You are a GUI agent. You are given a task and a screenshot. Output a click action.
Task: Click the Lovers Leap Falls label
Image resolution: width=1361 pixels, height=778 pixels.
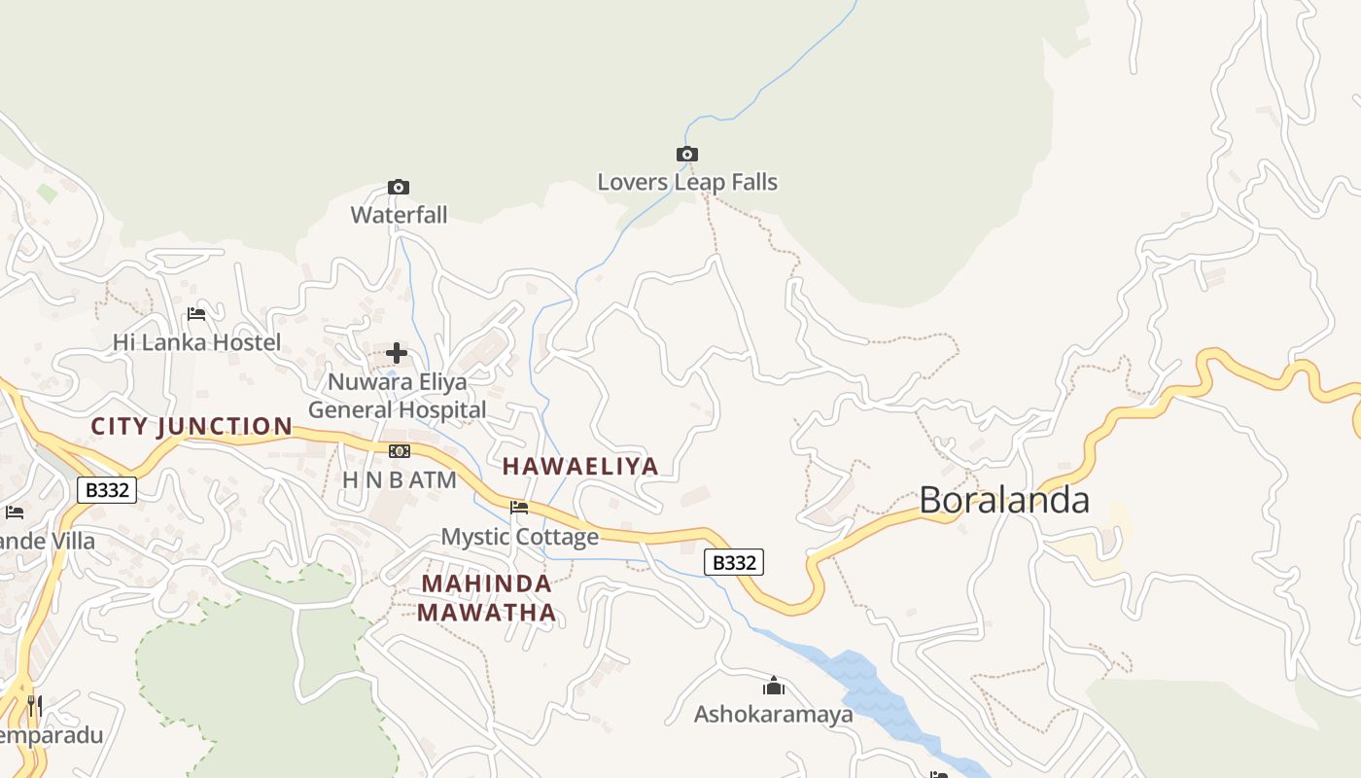click(x=687, y=182)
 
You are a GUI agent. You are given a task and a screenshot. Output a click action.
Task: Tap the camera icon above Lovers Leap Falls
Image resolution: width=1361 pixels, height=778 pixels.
click(x=687, y=155)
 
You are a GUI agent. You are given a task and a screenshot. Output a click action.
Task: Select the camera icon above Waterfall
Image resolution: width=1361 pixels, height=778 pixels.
click(x=399, y=187)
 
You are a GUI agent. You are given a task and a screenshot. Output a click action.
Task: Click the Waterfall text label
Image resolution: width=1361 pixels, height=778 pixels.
click(x=399, y=215)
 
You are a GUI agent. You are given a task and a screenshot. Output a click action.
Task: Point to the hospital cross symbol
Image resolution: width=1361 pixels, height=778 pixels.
click(x=397, y=353)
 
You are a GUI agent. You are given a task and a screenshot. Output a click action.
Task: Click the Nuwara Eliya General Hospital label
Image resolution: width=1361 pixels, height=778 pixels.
click(x=397, y=396)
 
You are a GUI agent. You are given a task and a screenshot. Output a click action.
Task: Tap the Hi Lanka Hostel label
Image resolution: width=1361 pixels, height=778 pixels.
click(x=196, y=342)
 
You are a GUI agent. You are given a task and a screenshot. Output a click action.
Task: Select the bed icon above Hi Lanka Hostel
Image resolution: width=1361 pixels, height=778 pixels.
click(x=196, y=314)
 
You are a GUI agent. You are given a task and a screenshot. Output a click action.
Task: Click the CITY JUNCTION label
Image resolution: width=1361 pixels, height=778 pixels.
click(x=192, y=426)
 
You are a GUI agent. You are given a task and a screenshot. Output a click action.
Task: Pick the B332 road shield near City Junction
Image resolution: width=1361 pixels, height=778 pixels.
click(x=107, y=490)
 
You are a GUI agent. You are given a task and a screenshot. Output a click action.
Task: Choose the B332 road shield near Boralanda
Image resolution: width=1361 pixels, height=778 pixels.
click(x=734, y=562)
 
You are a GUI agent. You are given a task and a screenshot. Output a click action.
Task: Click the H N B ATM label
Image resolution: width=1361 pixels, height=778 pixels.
click(x=400, y=479)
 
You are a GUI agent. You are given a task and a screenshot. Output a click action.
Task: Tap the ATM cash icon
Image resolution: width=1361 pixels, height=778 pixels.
click(x=400, y=451)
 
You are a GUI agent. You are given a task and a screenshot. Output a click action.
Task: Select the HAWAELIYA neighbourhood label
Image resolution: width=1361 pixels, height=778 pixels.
click(x=580, y=466)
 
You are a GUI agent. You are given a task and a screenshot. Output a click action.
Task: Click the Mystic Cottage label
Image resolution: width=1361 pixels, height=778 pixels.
click(x=520, y=537)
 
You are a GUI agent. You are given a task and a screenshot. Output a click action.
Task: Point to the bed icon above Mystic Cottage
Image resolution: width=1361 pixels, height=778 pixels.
click(x=519, y=508)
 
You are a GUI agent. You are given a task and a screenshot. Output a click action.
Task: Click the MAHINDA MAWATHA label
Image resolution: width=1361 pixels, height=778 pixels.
click(x=487, y=598)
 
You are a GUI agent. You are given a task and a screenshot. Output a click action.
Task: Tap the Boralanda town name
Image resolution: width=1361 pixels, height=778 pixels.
click(x=1004, y=500)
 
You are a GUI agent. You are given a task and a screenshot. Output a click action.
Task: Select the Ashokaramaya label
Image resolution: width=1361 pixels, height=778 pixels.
click(x=774, y=715)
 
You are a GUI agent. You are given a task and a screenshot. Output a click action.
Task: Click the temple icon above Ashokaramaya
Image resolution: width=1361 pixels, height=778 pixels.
click(x=774, y=687)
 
